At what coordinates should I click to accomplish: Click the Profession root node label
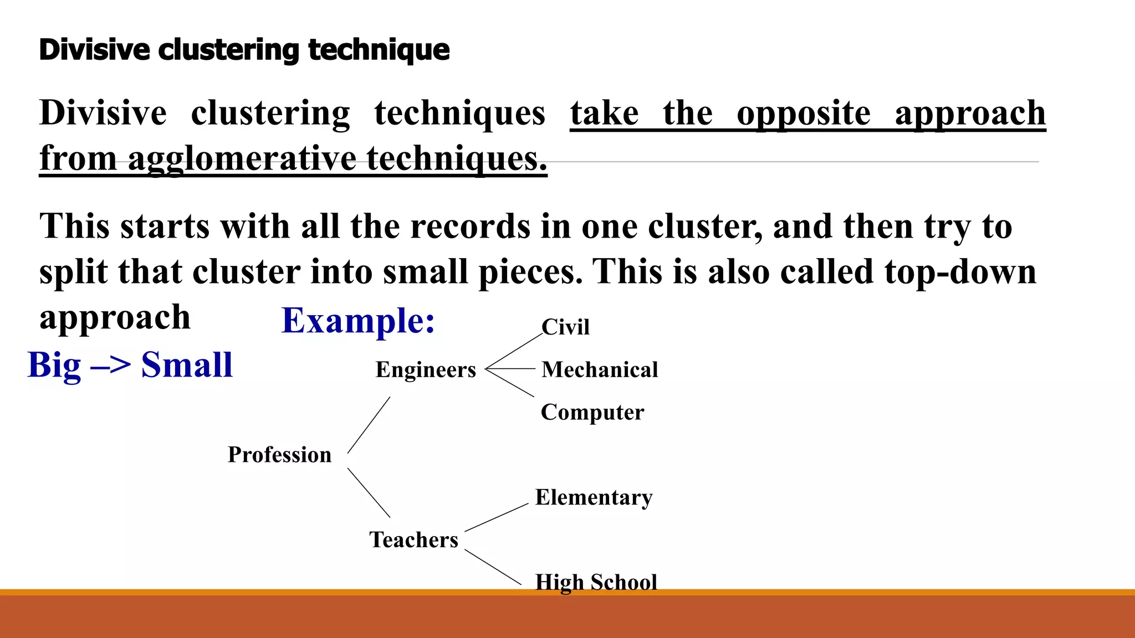pos(279,455)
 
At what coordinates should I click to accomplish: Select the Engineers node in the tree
pos(426,370)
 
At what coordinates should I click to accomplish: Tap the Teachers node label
pos(413,540)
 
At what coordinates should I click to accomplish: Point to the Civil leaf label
pos(565,327)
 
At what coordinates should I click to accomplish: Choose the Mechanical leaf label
pos(600,370)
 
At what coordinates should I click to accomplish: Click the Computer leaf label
pos(592,413)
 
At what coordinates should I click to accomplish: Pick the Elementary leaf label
pos(594,497)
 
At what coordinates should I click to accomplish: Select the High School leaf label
pos(596,582)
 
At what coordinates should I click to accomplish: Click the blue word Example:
pos(358,321)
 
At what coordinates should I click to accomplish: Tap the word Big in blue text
pos(54,366)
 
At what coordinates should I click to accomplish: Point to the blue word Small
pos(187,366)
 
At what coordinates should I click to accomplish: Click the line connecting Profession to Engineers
pos(369,425)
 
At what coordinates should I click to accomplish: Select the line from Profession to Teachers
pos(369,493)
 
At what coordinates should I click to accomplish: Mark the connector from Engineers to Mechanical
pos(510,369)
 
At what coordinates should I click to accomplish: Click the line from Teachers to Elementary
pos(497,517)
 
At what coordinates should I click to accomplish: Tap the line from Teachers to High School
pos(493,567)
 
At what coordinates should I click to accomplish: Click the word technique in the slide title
pos(379,50)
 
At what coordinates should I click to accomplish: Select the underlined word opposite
pos(804,114)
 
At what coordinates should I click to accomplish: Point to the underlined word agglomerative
pos(242,159)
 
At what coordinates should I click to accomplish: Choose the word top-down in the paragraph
pos(960,272)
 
